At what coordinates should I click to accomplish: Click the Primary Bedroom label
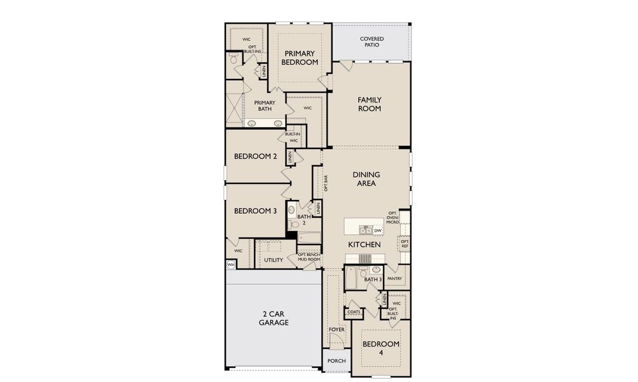tap(300, 57)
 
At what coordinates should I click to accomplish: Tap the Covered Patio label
tap(371, 43)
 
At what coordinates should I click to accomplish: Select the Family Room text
tap(369, 104)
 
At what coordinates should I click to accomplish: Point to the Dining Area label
tap(366, 179)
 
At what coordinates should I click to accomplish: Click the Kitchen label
tap(364, 244)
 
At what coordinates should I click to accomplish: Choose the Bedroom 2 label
tap(255, 157)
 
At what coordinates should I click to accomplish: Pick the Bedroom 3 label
tap(255, 211)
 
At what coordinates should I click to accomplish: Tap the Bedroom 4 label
tap(381, 349)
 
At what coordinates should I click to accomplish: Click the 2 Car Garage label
tap(274, 318)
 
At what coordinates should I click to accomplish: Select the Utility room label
tap(274, 260)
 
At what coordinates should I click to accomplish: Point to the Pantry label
tap(394, 278)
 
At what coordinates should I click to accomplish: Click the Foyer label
tap(336, 330)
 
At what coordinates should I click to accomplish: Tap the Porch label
tap(336, 361)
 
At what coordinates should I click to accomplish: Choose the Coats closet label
tap(354, 312)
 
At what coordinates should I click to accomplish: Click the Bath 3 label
tap(372, 279)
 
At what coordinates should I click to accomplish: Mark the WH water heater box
tap(230, 264)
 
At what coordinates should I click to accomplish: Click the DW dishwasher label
tap(377, 230)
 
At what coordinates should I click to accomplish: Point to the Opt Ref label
tap(404, 243)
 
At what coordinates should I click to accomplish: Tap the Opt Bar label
tap(326, 183)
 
